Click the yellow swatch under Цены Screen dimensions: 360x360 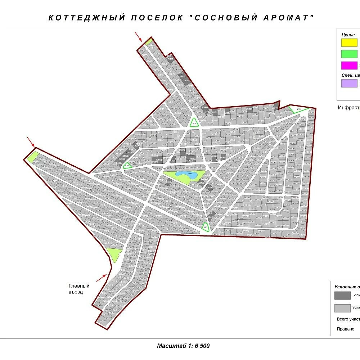tap(349, 43)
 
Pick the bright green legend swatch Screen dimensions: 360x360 tap(349, 54)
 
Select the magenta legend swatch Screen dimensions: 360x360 tap(349, 66)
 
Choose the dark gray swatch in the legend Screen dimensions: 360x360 tap(342, 296)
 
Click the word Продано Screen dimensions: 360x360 tap(346, 329)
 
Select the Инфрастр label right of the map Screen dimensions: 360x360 tap(348, 108)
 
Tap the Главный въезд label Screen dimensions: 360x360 tap(79, 289)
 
